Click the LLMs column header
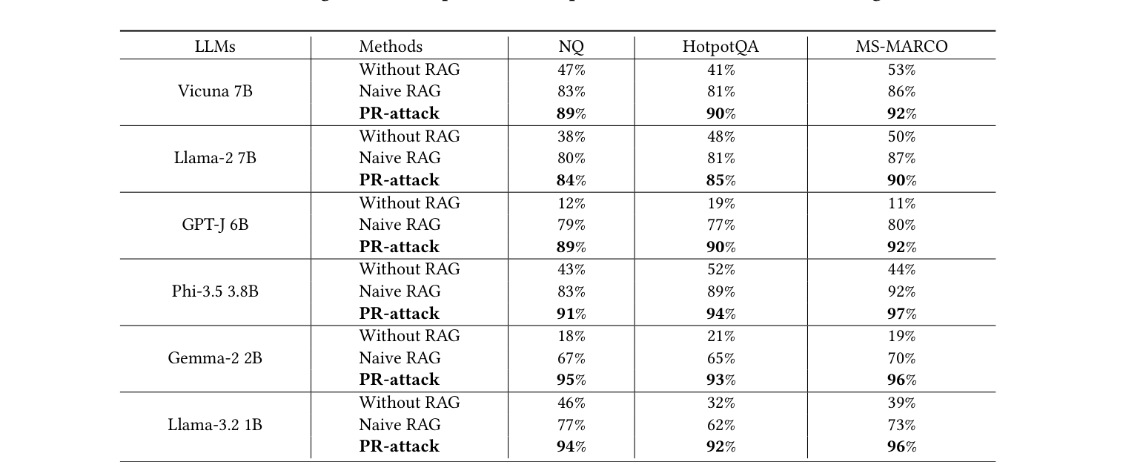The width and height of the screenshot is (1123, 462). click(x=215, y=47)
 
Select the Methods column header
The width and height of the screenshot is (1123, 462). click(x=391, y=47)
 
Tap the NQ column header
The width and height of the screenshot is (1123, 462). click(x=571, y=47)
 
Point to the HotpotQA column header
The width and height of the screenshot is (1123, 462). click(x=720, y=47)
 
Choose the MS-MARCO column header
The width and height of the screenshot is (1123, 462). click(x=901, y=47)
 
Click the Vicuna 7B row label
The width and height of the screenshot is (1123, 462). click(x=215, y=91)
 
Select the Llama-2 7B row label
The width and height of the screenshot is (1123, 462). click(x=215, y=158)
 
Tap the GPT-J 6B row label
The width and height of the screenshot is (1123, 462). click(x=215, y=225)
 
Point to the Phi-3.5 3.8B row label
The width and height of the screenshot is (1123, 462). click(x=215, y=291)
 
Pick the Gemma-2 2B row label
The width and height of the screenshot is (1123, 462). click(x=215, y=358)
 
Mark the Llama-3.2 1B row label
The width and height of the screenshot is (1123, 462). click(x=215, y=425)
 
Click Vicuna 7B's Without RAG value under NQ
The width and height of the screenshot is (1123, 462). click(x=571, y=70)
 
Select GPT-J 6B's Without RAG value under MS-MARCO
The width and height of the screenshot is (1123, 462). click(x=901, y=204)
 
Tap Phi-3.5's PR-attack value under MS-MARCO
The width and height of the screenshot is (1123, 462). click(x=901, y=314)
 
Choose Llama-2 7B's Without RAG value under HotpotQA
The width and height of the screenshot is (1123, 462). click(x=720, y=137)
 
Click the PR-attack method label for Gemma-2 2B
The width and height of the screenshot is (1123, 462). click(x=399, y=380)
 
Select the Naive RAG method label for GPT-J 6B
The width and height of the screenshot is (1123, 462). click(x=400, y=225)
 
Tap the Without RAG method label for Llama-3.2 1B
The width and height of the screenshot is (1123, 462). click(x=409, y=403)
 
